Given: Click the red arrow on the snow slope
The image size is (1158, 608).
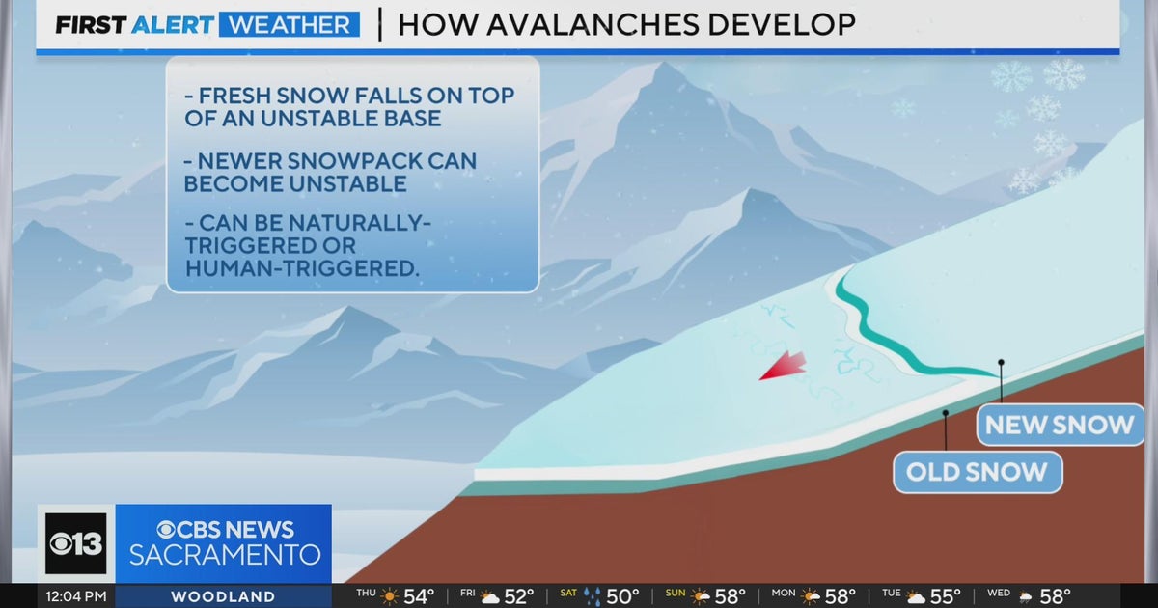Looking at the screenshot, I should (x=783, y=366).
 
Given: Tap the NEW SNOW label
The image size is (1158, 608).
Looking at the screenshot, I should (x=1060, y=425).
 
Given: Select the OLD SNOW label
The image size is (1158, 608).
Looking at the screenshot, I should (x=977, y=472).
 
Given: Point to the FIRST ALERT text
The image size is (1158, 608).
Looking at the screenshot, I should (x=134, y=25).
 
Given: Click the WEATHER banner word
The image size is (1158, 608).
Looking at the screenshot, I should (x=289, y=25).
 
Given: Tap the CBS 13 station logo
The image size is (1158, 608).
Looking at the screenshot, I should (x=76, y=543).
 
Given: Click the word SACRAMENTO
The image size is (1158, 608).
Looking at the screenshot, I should (x=225, y=556).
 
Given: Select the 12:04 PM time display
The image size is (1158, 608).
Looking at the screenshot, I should (x=76, y=596).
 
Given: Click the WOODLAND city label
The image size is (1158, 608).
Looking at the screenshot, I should (x=223, y=596).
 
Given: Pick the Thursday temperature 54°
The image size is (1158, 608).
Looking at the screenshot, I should (x=418, y=596).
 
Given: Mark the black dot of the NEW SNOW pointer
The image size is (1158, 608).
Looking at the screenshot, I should (x=1001, y=363).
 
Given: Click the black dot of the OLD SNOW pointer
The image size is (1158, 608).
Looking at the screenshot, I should (x=946, y=413).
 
